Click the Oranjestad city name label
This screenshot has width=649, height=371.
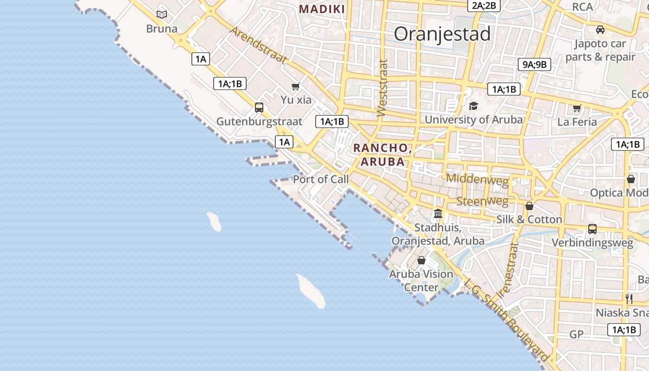[442, 34]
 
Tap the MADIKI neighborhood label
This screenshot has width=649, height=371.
[322, 9]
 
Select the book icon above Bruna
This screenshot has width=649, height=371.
[162, 15]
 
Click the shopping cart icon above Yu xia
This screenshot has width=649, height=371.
[296, 86]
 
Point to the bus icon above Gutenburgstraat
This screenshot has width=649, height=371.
[259, 108]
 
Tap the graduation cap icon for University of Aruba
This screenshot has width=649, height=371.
[473, 106]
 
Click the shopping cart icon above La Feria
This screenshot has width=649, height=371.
[577, 109]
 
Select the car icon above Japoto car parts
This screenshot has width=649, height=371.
[600, 30]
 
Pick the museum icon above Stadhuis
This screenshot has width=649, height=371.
[438, 214]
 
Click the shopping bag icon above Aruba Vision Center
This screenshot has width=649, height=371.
[421, 260]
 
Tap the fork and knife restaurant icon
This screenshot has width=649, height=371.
[629, 299]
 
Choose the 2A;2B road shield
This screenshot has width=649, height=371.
[484, 6]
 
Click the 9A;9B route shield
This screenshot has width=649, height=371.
[534, 64]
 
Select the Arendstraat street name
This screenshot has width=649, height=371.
[259, 45]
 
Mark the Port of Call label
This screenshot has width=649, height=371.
[321, 179]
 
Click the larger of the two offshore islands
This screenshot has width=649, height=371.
[311, 291]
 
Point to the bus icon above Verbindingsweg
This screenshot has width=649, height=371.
[592, 229]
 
